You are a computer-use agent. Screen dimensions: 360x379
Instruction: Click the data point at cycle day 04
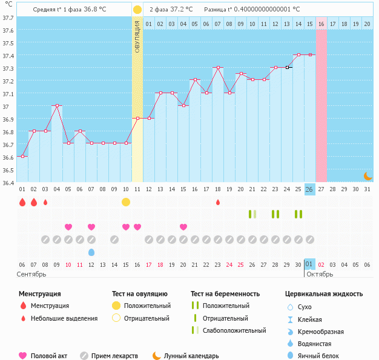pos(57,105)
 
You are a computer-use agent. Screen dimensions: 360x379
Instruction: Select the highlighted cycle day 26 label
pos(309,189)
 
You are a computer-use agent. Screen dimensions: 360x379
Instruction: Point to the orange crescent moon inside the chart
pos(367,175)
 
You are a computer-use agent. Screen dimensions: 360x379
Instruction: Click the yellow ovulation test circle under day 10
pos(125,201)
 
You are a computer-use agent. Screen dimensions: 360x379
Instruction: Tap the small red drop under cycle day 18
pos(217,202)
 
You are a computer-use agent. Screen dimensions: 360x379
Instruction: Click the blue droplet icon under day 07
pos(91,252)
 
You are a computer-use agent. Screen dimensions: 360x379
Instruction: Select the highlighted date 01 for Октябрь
pos(309,264)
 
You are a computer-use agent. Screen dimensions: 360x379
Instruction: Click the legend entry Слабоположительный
pos(234,330)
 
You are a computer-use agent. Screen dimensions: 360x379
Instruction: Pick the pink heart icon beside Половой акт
pos(23,356)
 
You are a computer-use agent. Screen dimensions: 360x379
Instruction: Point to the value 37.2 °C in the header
pos(180,9)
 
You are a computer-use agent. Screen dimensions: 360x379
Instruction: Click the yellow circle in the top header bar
pos(137,10)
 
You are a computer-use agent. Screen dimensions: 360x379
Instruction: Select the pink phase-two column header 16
pos(321,24)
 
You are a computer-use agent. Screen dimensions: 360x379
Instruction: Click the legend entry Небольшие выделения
pos(64,318)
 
